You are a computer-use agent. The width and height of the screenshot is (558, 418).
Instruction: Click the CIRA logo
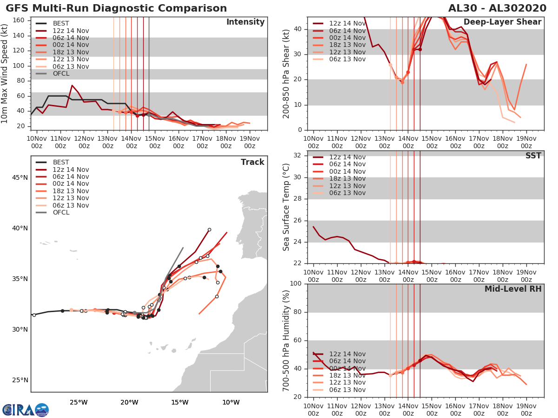click(26, 410)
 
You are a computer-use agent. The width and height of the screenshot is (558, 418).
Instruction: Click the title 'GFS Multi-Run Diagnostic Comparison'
click(116, 8)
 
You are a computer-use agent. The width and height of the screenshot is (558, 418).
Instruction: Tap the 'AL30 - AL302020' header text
click(497, 8)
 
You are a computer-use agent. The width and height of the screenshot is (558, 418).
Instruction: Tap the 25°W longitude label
click(79, 402)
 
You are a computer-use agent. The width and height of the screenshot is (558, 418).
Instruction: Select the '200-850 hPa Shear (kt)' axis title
click(286, 73)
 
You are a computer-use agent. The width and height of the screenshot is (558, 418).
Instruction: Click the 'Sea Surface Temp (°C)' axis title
click(286, 207)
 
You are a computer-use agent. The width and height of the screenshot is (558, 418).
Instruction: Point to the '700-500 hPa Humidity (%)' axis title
click(286, 340)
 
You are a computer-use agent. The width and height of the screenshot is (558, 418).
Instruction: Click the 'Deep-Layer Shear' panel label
click(502, 22)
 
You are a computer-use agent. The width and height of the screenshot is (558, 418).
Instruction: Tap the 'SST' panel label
click(533, 156)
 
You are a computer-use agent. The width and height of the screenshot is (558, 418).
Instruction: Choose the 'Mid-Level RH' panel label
click(512, 289)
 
